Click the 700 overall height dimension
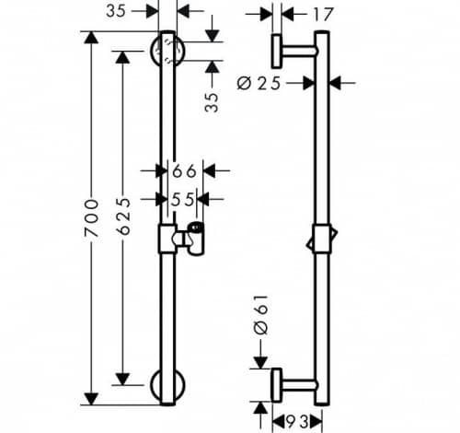point(92,218)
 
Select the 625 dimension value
point(123,216)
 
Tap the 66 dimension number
point(184,170)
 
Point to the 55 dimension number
point(182,200)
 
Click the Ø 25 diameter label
point(259,83)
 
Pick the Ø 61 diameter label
point(261,315)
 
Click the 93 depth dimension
point(297,422)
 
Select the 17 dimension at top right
point(323,15)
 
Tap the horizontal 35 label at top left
point(116,11)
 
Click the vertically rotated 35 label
point(212,102)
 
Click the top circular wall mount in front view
point(167,51)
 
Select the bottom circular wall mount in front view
point(167,385)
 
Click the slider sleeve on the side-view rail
point(322,239)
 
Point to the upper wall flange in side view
point(277,52)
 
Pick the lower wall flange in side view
point(277,385)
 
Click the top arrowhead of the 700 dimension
point(91,38)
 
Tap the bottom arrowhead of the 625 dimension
point(123,379)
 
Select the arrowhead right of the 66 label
point(209,170)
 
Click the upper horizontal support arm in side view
point(300,51)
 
